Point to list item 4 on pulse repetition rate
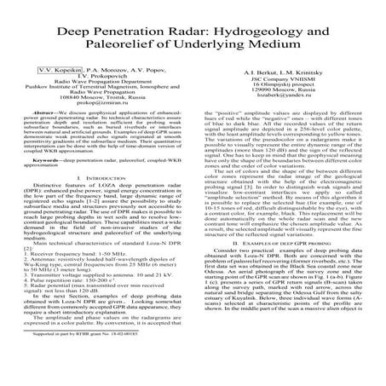67,331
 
